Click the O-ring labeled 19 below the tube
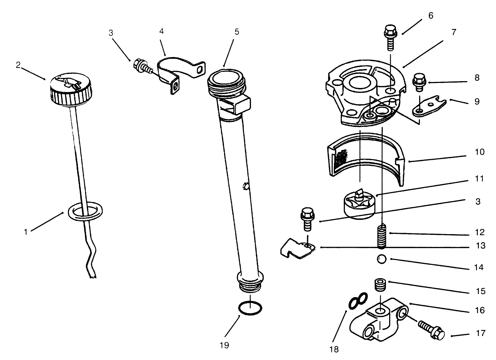[250, 308]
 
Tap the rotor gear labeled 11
[358, 204]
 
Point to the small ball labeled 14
[382, 259]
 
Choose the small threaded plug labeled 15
[380, 285]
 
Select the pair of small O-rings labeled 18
[358, 301]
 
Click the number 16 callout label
[480, 310]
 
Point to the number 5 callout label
[237, 32]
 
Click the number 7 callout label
[453, 32]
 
